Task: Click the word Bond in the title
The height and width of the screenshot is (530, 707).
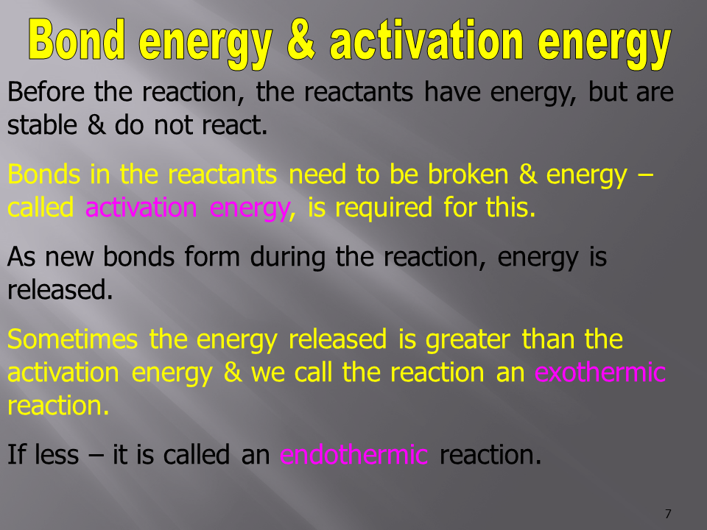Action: point(77,40)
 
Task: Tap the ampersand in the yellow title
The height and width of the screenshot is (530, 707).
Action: point(300,40)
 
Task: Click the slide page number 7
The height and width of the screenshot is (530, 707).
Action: point(668,514)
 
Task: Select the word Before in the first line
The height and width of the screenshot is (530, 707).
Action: point(46,92)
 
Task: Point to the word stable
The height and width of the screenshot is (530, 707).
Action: point(42,125)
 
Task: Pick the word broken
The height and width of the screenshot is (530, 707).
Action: point(468,174)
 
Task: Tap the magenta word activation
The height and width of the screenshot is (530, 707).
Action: point(141,208)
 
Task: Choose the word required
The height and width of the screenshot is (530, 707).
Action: point(384,208)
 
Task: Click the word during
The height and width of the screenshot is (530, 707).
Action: point(287,258)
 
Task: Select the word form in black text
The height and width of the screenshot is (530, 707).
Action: point(212,257)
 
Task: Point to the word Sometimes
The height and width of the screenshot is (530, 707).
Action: point(72,339)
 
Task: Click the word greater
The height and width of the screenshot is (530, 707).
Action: point(468,340)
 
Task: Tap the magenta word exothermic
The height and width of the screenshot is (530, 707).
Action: point(600,372)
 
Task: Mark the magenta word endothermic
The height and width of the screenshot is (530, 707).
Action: point(353,454)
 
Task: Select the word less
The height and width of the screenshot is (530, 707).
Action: point(57,454)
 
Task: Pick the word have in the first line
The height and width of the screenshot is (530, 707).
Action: point(451,92)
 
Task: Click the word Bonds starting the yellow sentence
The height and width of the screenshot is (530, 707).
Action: point(43,174)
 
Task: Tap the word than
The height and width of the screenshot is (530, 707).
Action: point(547,339)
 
